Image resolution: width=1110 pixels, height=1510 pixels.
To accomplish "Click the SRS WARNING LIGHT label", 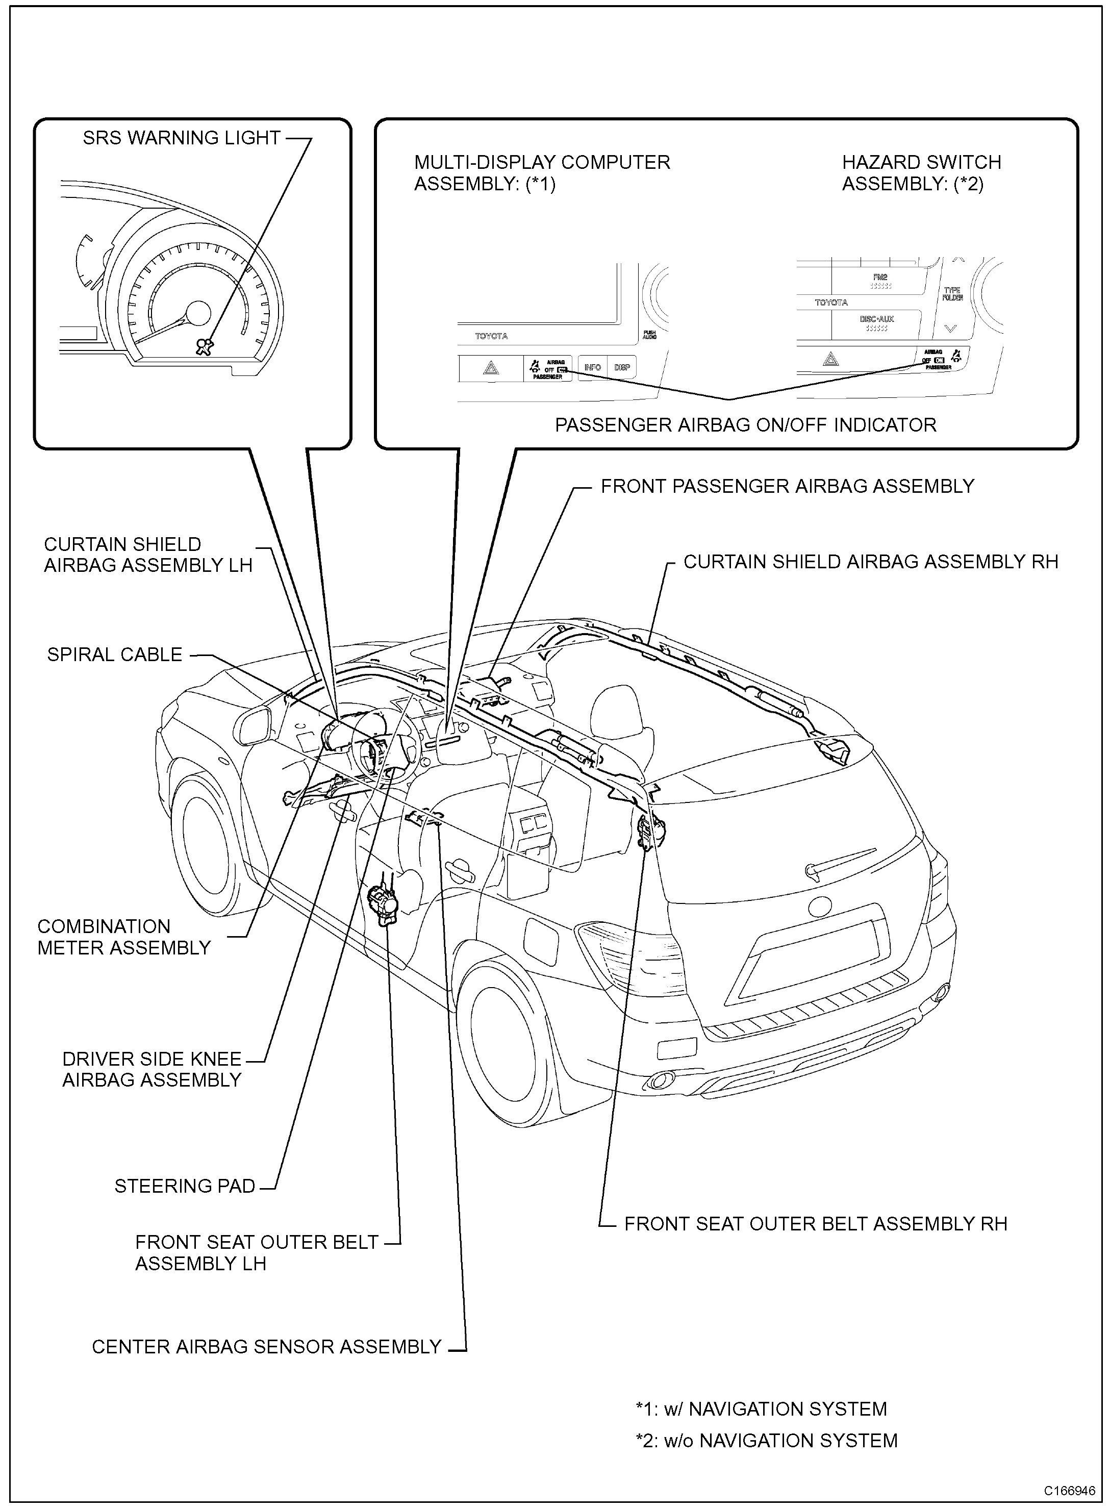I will point(182,138).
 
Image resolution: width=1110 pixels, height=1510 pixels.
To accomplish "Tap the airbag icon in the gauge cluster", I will point(203,346).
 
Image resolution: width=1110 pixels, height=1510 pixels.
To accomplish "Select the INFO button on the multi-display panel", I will point(592,368).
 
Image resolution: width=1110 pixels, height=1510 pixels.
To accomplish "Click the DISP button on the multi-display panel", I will point(621,368).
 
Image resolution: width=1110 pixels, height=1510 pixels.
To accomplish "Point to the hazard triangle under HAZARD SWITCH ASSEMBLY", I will point(831,360).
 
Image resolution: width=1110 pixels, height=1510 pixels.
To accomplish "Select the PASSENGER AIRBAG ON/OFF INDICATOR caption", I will point(745,425).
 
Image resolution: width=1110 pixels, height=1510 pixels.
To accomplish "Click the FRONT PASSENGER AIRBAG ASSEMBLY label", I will point(787,486).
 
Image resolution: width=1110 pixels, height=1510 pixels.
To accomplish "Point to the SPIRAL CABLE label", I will point(115,655).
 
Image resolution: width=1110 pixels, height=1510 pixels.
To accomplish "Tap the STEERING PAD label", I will point(185,1186).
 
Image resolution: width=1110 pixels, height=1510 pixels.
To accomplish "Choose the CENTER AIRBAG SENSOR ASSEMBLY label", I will point(266,1347).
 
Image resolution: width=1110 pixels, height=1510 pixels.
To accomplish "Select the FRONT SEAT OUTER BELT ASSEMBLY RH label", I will point(816,1223).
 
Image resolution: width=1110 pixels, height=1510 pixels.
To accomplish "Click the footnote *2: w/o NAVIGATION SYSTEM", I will point(766,1440).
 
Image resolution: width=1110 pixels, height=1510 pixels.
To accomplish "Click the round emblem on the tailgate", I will point(818,907).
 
